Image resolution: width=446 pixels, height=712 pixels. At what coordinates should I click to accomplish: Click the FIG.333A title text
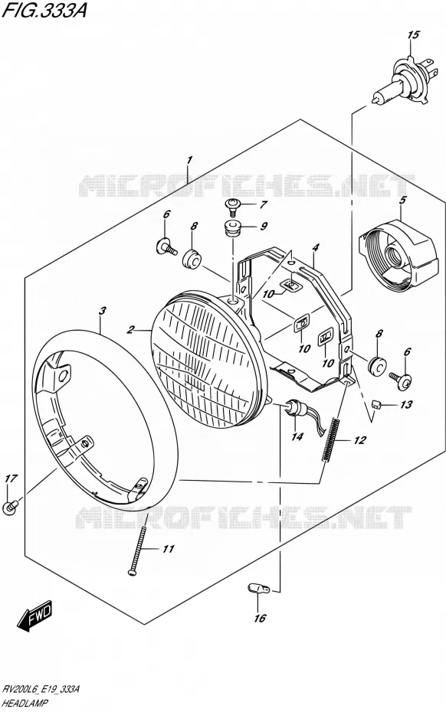44,11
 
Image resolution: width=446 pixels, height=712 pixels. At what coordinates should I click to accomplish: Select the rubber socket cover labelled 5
398,258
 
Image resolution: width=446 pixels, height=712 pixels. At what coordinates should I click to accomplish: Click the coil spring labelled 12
331,439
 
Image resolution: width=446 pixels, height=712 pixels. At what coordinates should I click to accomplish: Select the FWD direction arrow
35,617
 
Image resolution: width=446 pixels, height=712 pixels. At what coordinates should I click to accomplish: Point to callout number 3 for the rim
103,311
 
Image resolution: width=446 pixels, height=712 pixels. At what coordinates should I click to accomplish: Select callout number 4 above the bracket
316,248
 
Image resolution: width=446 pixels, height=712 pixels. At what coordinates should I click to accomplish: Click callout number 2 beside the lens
131,330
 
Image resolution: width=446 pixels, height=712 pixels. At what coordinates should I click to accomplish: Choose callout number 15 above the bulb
413,35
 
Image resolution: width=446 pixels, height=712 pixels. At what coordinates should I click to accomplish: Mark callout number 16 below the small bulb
259,619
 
